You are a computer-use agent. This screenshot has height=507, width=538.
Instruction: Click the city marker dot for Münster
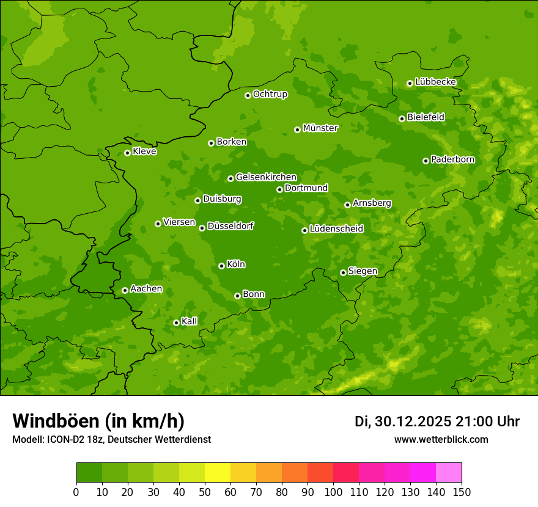(x=298, y=129)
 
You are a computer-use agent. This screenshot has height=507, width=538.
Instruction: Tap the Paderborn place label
(x=452, y=159)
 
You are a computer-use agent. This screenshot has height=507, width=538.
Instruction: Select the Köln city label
(x=236, y=264)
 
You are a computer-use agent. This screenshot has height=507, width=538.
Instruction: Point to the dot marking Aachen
(x=125, y=290)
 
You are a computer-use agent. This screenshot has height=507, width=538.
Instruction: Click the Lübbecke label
(x=435, y=82)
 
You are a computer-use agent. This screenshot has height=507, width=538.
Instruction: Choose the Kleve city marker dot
(x=127, y=153)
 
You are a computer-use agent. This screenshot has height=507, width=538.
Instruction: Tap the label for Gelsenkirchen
(x=266, y=177)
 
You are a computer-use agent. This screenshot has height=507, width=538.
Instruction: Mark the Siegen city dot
(x=343, y=272)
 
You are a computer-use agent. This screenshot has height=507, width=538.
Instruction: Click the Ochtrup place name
(x=270, y=94)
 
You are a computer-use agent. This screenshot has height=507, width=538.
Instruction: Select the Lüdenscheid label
(x=336, y=229)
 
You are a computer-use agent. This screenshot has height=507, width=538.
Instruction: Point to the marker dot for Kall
(x=176, y=323)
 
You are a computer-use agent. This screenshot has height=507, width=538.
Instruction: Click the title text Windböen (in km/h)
(x=98, y=421)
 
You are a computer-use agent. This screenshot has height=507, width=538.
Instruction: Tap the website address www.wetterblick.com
(x=441, y=439)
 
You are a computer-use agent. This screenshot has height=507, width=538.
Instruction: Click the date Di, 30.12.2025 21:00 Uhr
(x=437, y=421)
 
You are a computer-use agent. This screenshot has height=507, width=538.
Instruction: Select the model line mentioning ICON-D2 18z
(x=111, y=439)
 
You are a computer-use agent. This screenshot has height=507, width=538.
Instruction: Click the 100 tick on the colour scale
(x=333, y=492)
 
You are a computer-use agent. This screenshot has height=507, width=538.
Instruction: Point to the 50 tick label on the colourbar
(x=205, y=492)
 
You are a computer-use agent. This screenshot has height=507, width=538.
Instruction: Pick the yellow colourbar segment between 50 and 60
(x=218, y=473)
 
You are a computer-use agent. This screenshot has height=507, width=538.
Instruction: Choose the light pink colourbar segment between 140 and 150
(x=449, y=473)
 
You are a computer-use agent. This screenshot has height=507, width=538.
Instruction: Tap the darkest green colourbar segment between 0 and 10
(x=89, y=473)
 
